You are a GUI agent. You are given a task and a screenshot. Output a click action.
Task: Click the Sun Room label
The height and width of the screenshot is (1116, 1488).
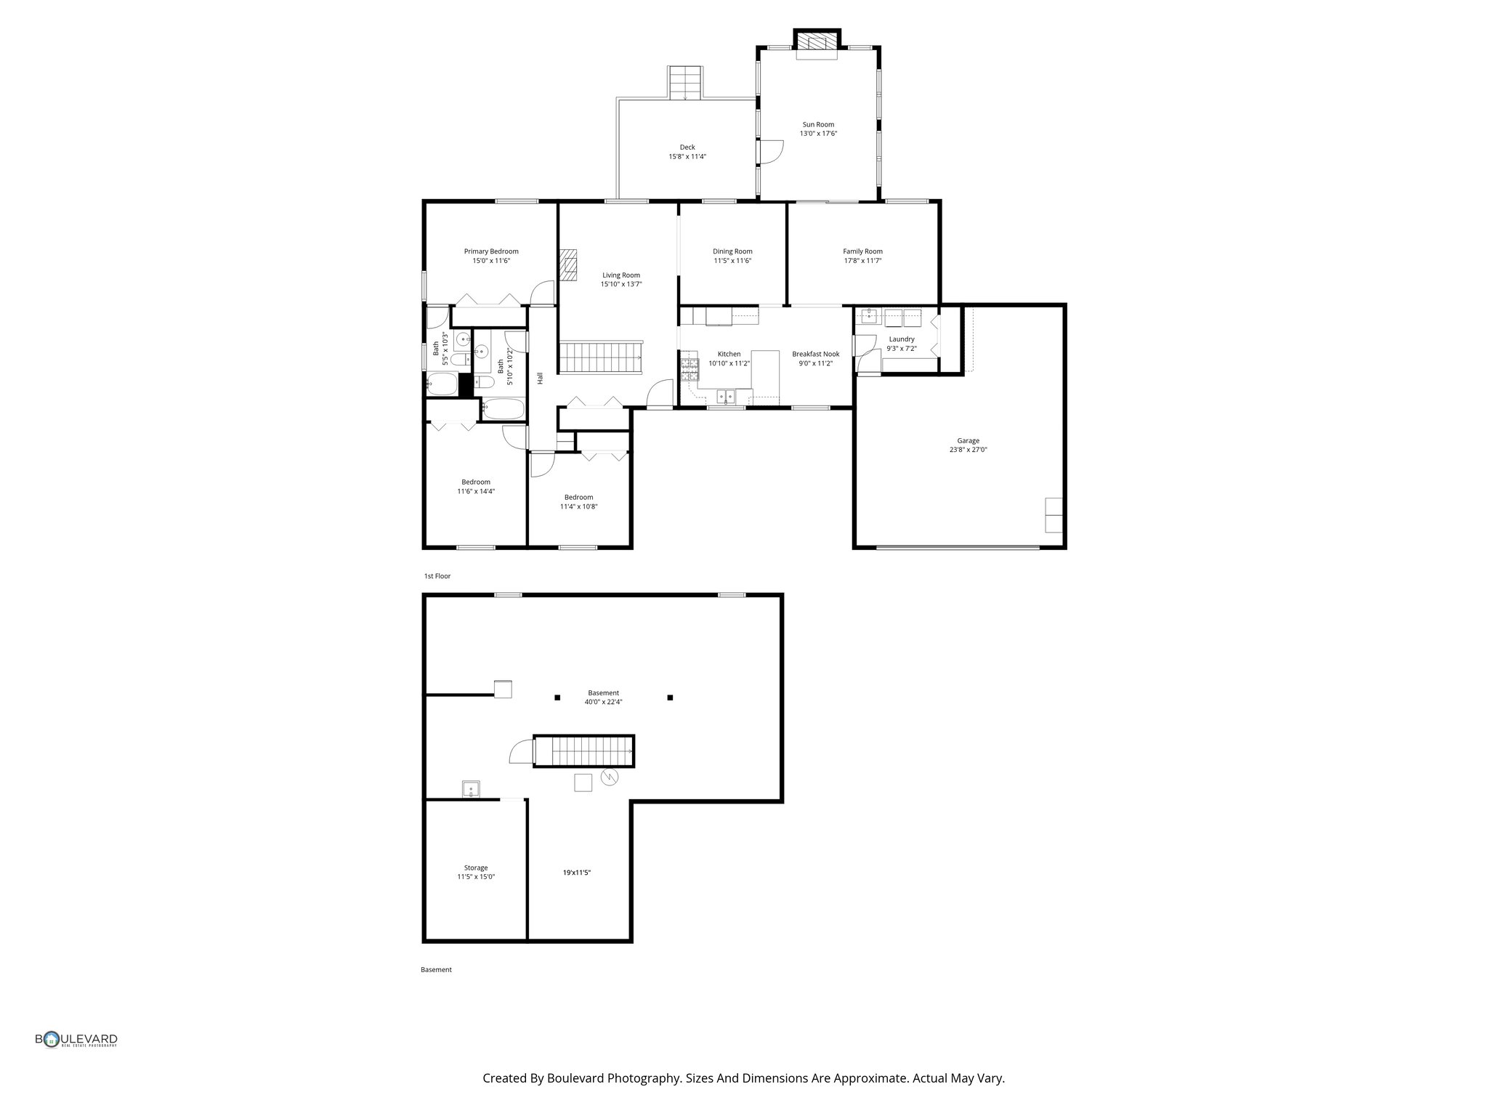click(818, 124)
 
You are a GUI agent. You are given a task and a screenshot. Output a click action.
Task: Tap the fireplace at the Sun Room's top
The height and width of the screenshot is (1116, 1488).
click(817, 42)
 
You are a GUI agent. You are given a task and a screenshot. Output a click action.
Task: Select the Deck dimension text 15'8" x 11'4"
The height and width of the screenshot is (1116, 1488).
click(687, 157)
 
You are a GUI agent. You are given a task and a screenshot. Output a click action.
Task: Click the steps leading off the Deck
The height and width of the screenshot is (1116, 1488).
click(685, 83)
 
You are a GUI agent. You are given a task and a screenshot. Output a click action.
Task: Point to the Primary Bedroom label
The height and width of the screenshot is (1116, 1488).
click(491, 251)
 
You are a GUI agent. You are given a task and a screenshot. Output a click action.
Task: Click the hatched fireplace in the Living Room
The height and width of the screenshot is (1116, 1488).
click(568, 264)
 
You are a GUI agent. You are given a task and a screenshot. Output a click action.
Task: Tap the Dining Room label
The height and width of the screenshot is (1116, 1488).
click(732, 251)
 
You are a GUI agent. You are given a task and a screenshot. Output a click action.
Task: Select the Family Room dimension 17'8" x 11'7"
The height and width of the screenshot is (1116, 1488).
click(862, 261)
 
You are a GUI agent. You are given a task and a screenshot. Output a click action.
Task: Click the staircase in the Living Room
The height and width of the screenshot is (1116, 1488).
click(600, 357)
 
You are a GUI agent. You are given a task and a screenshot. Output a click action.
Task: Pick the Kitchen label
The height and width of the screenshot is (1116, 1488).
click(729, 354)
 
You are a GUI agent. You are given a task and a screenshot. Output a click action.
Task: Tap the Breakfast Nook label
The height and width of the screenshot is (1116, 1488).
click(815, 354)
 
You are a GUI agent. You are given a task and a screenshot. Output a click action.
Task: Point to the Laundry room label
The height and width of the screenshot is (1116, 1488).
click(901, 339)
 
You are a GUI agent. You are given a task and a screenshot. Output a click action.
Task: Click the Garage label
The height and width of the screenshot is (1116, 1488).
click(968, 440)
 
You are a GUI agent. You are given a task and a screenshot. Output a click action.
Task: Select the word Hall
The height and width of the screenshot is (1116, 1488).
click(540, 379)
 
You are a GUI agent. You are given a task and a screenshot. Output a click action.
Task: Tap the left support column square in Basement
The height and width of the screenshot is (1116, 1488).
click(557, 697)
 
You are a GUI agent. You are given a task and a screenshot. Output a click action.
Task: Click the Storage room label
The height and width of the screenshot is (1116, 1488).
click(476, 868)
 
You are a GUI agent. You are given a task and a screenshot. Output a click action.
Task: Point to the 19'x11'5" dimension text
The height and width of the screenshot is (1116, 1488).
click(576, 873)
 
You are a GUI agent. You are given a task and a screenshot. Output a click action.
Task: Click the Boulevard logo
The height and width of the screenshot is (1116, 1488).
click(76, 1040)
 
